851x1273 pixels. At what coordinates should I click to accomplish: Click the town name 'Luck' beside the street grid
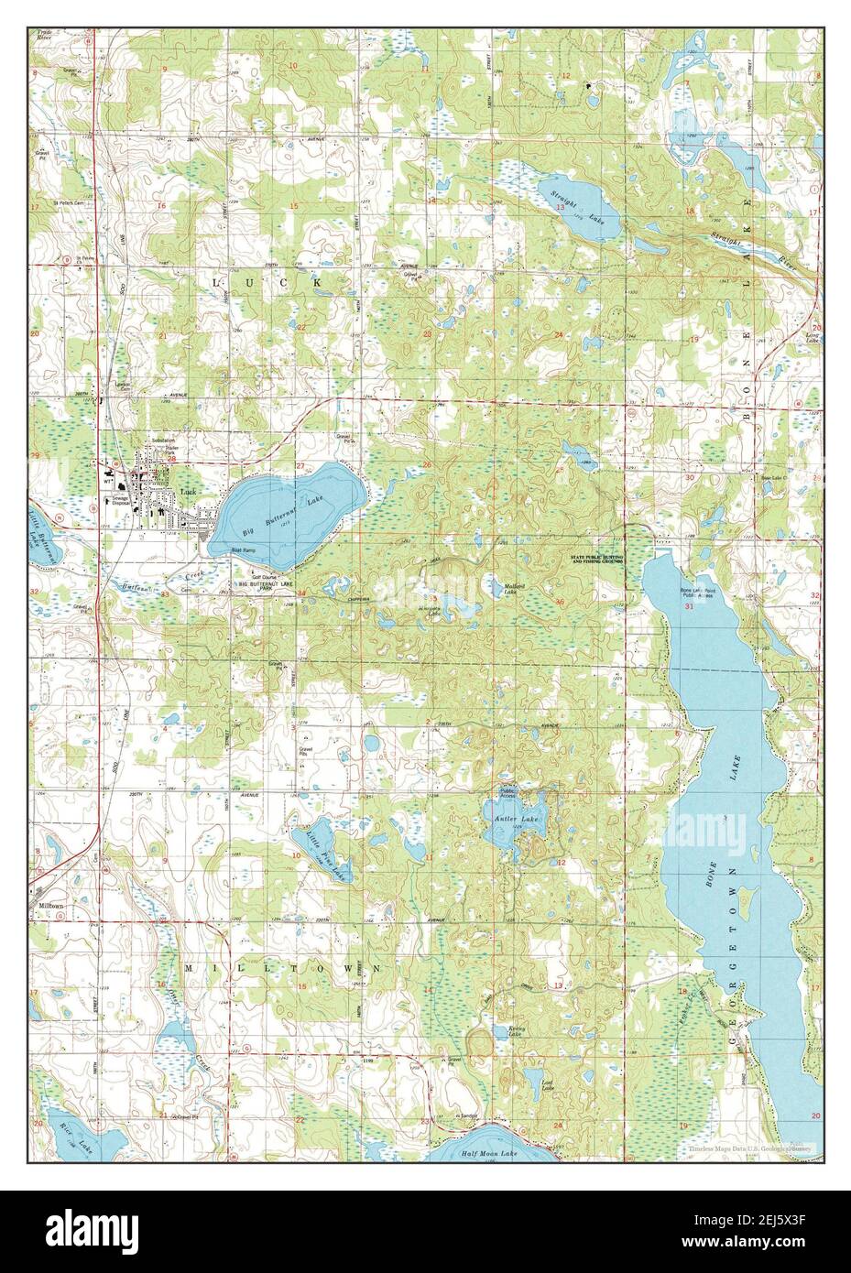[x=190, y=492]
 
